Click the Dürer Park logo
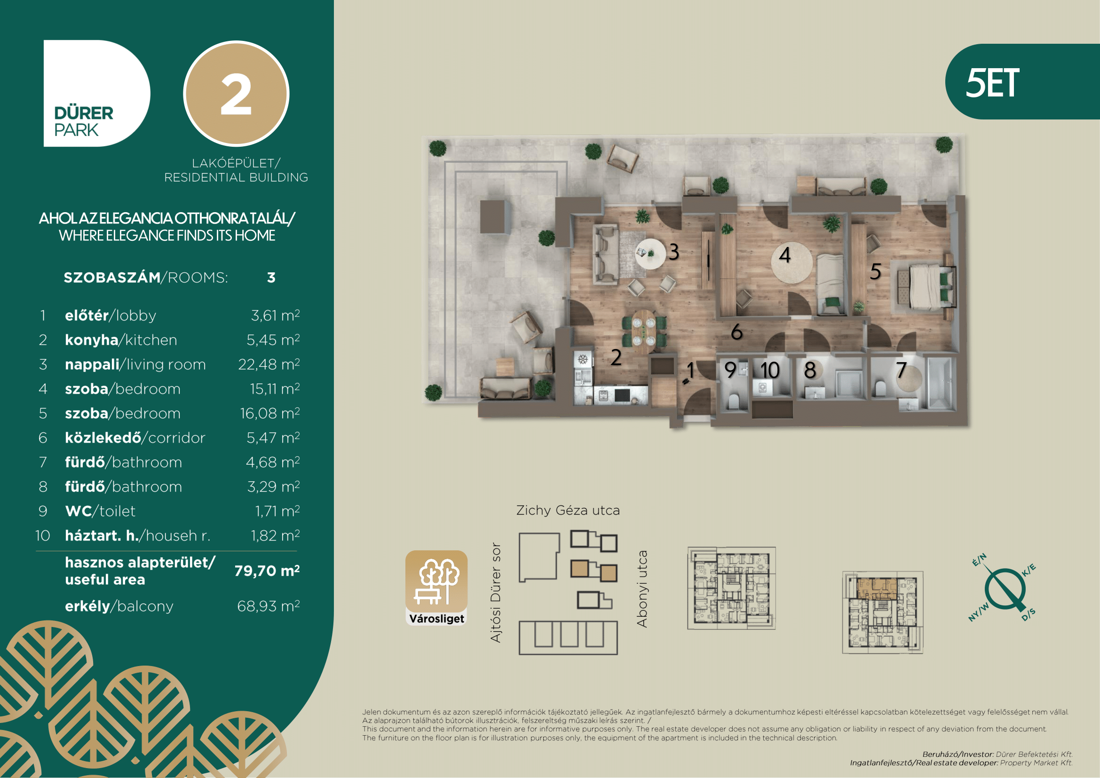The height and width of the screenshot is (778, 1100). tap(97, 94)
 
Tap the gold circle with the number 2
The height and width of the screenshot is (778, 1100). tap(236, 94)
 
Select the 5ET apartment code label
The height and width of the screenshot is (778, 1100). tap(992, 83)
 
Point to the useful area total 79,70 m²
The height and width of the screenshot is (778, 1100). tap(267, 571)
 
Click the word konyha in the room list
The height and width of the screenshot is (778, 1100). tap(92, 340)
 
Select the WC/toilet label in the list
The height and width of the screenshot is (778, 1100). tap(100, 511)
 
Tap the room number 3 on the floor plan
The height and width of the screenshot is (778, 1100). tap(673, 252)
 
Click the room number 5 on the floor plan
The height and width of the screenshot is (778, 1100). tap(875, 271)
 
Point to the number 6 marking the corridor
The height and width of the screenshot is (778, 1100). tap(737, 332)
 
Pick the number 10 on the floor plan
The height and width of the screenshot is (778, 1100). tap(770, 370)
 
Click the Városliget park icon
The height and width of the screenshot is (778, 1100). tap(436, 588)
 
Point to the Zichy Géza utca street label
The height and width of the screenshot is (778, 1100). tap(568, 511)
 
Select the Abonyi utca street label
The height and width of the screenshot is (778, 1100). tap(642, 589)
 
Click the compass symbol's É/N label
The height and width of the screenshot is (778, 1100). tap(979, 560)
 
